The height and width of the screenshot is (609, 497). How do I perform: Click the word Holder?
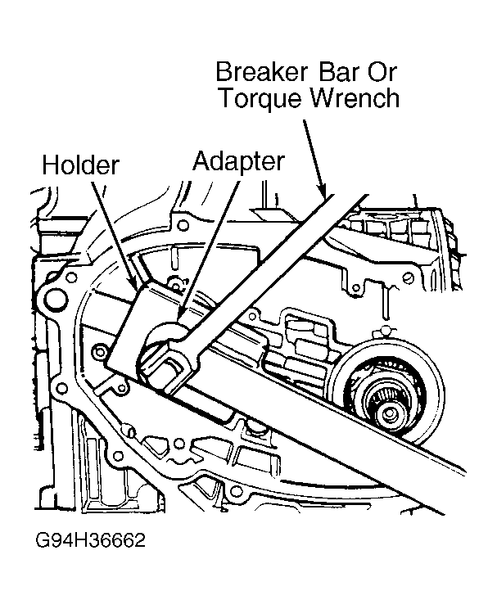[80, 165]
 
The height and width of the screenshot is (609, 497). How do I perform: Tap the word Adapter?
[238, 162]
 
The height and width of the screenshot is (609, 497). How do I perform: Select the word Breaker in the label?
[261, 71]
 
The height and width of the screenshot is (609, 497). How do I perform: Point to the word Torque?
[261, 99]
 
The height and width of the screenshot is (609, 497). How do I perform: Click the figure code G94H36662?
[90, 540]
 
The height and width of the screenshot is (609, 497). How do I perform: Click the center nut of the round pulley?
[389, 413]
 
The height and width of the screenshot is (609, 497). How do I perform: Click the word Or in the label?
[382, 71]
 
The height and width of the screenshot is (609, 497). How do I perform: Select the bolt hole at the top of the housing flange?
[183, 225]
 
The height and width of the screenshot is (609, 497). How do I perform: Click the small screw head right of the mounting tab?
[408, 278]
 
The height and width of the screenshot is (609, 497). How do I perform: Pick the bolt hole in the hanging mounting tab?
[355, 288]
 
